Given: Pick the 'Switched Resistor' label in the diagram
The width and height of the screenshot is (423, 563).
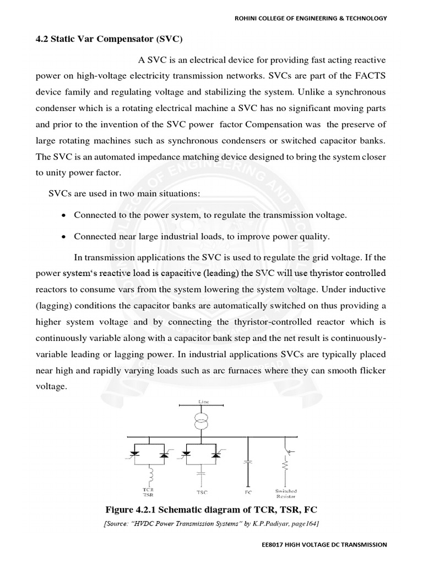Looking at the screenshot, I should point(286,494).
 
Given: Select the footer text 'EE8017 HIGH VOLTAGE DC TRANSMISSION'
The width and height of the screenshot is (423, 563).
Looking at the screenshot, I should point(324,544).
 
